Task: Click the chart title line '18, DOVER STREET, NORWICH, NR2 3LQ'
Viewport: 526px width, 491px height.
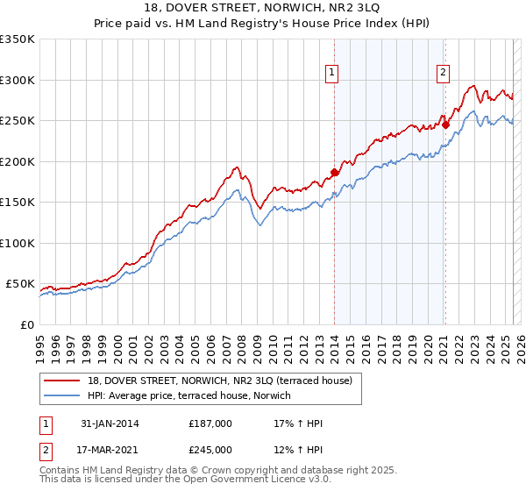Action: pyautogui.click(x=263, y=10)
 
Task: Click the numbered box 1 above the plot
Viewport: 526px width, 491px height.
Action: pyautogui.click(x=333, y=74)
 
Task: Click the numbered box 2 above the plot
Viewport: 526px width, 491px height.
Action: pyautogui.click(x=444, y=74)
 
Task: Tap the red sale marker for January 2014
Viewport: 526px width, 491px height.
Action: pyautogui.click(x=334, y=172)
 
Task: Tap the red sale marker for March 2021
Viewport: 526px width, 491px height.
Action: pyautogui.click(x=445, y=125)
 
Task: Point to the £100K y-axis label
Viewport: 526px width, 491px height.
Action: pyautogui.click(x=18, y=243)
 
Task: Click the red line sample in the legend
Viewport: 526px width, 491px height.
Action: pyautogui.click(x=61, y=381)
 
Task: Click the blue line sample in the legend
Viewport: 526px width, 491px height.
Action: pyautogui.click(x=61, y=395)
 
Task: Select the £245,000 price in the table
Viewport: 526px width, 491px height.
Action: pyautogui.click(x=210, y=450)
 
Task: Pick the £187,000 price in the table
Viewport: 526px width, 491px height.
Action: pyautogui.click(x=210, y=423)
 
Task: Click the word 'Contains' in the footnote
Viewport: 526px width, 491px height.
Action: pyautogui.click(x=60, y=471)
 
